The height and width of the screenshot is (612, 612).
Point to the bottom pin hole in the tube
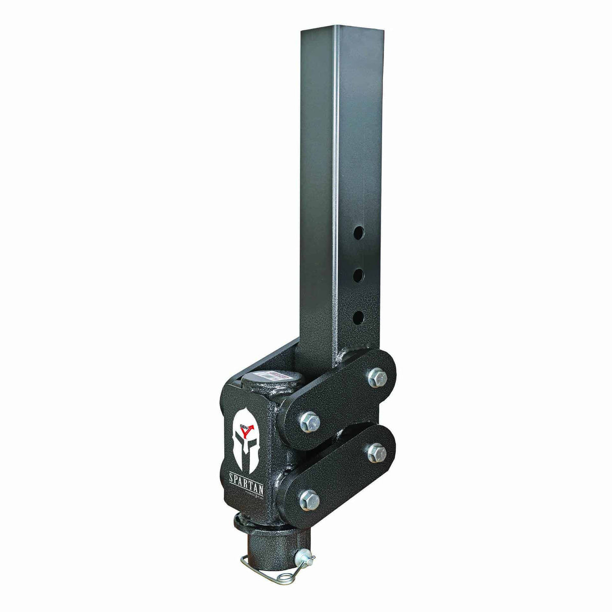pyautogui.click(x=358, y=317)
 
